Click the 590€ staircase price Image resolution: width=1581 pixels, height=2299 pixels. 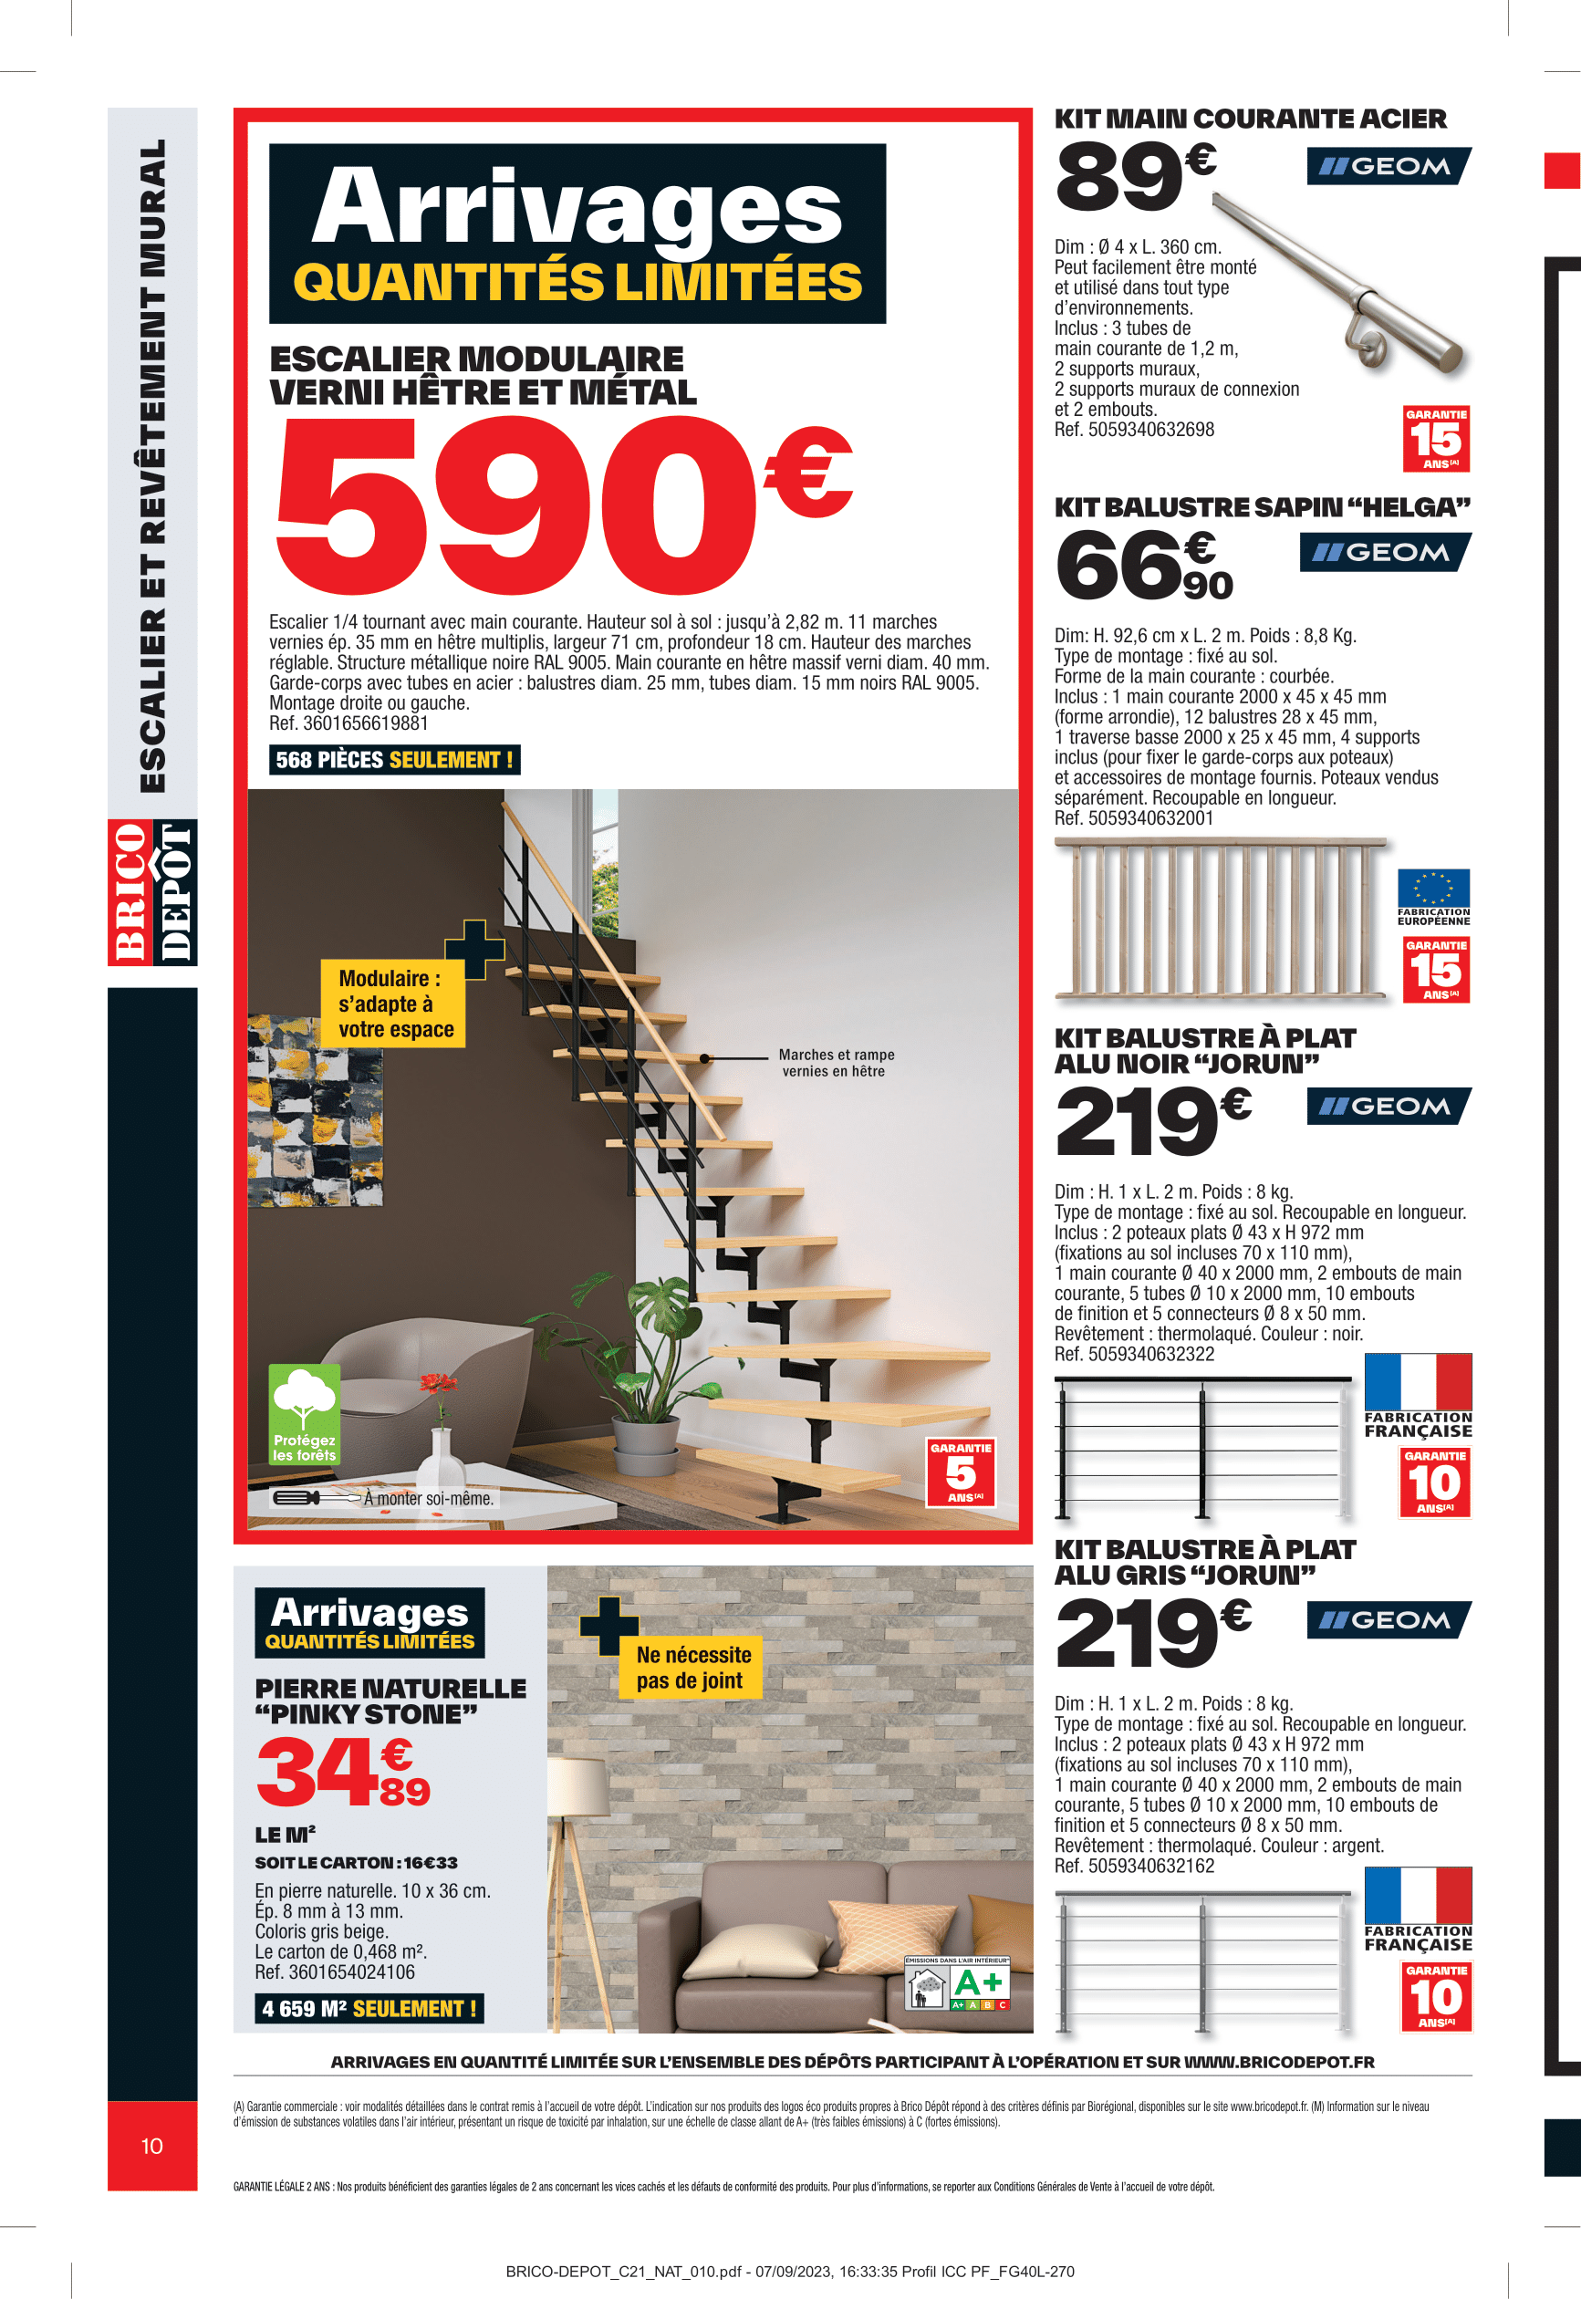(x=559, y=505)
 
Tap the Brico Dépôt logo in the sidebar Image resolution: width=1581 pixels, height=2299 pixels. (x=151, y=891)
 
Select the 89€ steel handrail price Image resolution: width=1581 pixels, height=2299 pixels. (x=1135, y=176)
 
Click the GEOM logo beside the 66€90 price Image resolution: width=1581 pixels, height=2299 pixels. (x=1384, y=552)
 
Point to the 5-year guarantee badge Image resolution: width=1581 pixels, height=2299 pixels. (x=960, y=1472)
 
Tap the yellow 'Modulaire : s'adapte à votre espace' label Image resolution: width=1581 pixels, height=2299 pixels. (x=393, y=1004)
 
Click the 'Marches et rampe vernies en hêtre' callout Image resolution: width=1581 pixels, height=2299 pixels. (x=835, y=1063)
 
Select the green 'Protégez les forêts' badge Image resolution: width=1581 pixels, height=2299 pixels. (x=304, y=1413)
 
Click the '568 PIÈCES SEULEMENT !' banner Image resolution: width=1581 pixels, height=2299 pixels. (x=394, y=760)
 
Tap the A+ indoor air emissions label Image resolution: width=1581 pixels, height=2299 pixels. (x=958, y=1983)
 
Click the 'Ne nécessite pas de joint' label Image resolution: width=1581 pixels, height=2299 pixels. (x=693, y=1667)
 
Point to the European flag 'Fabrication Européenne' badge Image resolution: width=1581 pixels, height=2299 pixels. (x=1432, y=897)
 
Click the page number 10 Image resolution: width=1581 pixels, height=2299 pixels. (x=151, y=2146)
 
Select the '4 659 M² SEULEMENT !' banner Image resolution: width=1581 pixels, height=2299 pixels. (x=369, y=2009)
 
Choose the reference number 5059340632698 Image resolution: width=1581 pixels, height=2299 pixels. (x=1133, y=430)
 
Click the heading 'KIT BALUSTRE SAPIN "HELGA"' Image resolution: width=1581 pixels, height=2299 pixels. (x=1262, y=507)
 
